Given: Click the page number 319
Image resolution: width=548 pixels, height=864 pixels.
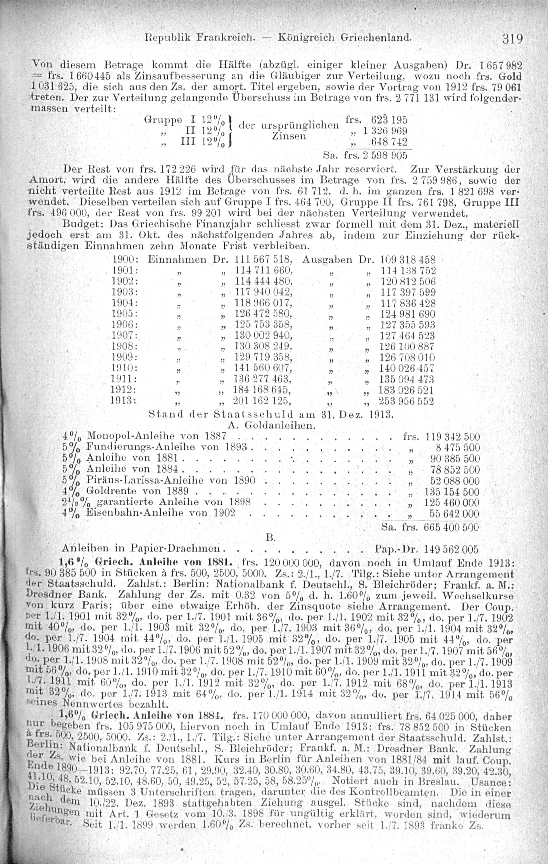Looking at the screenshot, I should pyautogui.click(x=512, y=38).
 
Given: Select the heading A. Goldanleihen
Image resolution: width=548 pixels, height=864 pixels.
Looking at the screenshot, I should pyautogui.click(x=272, y=425).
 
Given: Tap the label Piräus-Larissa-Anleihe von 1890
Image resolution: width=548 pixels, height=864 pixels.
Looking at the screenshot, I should pyautogui.click(x=171, y=481).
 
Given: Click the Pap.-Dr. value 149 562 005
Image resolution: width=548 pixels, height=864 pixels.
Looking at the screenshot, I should pyautogui.click(x=451, y=549).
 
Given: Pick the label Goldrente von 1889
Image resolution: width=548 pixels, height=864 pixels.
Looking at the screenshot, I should pyautogui.click(x=140, y=491).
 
